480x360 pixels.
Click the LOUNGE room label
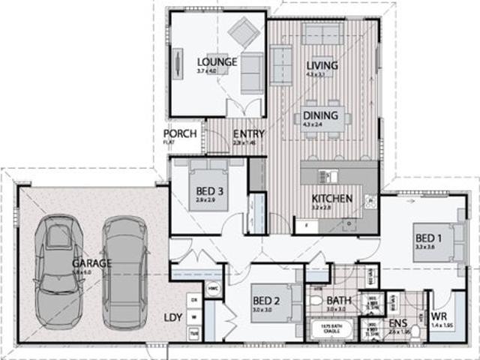(217, 61)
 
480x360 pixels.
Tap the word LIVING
(322, 65)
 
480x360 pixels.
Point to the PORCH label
(180, 134)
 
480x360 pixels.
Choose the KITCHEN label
(332, 199)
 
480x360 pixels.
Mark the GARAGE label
(91, 263)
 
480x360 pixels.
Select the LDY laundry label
(172, 317)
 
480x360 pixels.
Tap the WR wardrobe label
(439, 316)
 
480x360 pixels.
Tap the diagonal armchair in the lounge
(244, 31)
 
